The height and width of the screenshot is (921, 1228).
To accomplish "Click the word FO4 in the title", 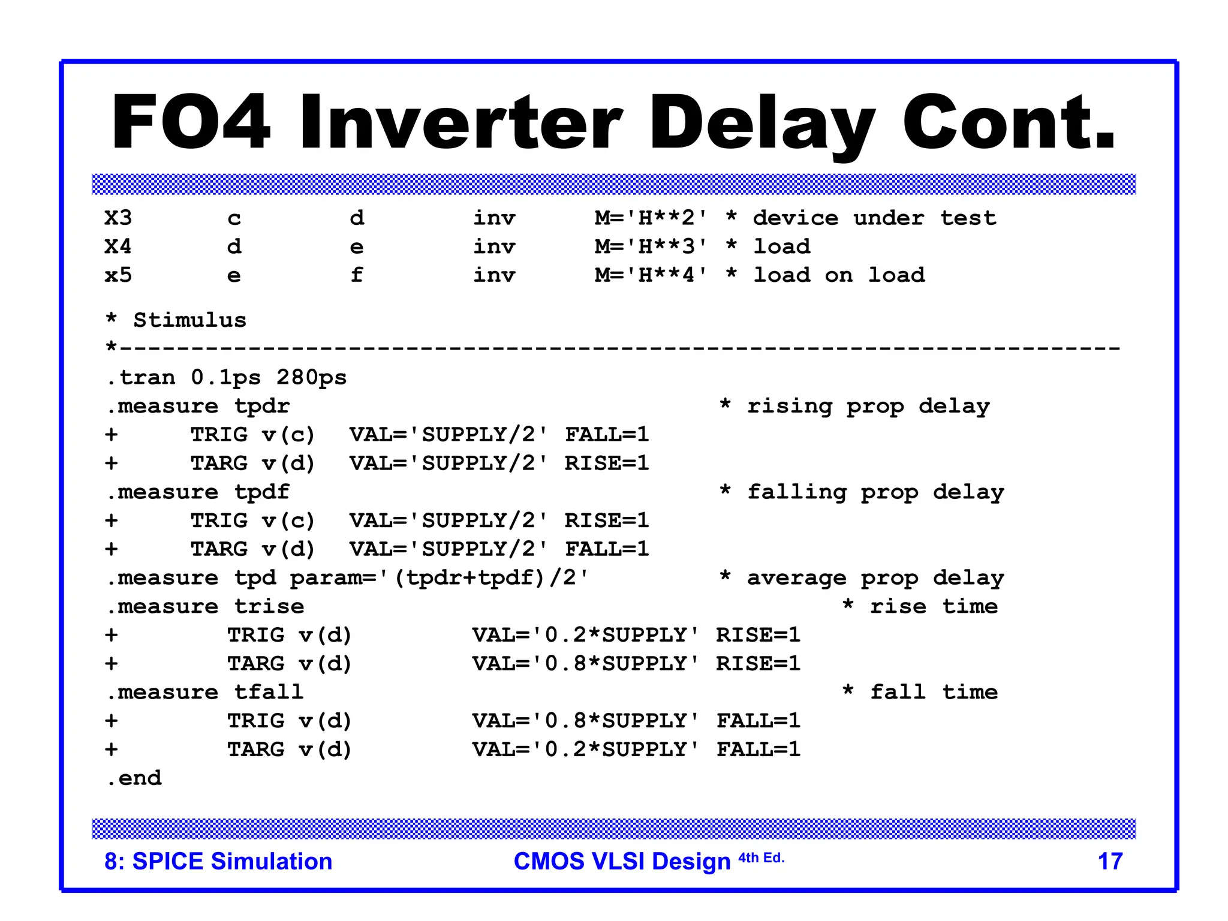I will tap(191, 122).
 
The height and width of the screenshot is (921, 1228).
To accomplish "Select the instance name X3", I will tap(118, 218).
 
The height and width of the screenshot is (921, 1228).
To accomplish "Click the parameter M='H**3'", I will tap(651, 246).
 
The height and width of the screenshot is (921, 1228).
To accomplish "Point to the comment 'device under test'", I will tap(874, 218).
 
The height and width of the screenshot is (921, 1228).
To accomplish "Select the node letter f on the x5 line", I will tap(357, 275).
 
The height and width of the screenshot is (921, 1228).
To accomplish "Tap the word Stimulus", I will tap(189, 320).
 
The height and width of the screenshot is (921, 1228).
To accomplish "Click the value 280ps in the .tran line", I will tap(311, 378).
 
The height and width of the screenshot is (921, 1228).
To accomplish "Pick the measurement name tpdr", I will tap(262, 407).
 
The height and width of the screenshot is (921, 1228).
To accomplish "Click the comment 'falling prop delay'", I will tap(875, 492).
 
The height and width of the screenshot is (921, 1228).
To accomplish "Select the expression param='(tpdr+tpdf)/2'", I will tap(439, 578).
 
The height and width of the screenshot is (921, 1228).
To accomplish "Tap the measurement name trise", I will tap(269, 607).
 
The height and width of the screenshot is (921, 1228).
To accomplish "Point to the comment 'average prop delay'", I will tap(875, 578).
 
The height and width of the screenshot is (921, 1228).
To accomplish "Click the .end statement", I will tap(134, 778).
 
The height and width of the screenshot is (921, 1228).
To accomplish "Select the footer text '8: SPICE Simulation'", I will tap(218, 862).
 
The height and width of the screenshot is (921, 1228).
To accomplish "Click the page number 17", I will tap(1110, 862).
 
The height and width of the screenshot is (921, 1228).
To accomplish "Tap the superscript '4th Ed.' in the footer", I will tap(761, 858).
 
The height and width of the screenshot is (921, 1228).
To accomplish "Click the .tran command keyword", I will tap(142, 378).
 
